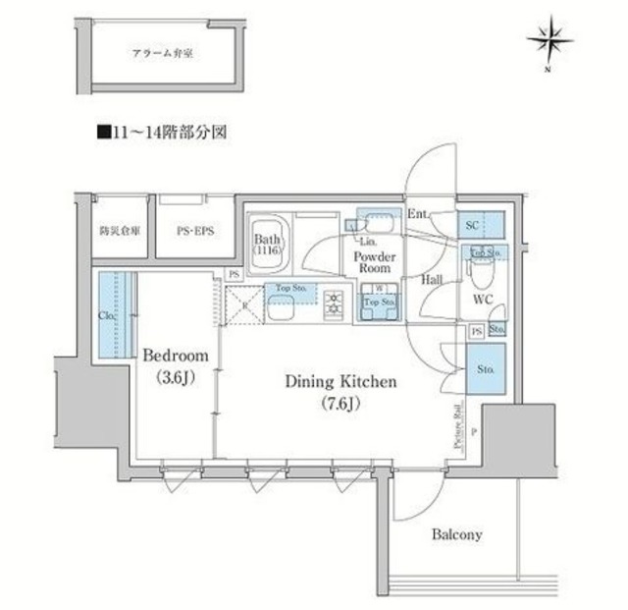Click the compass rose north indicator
click(x=549, y=40)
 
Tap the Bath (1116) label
click(x=268, y=245)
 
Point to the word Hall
click(x=432, y=280)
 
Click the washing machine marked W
click(x=377, y=289)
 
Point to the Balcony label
click(x=456, y=535)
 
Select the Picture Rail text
click(x=458, y=424)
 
